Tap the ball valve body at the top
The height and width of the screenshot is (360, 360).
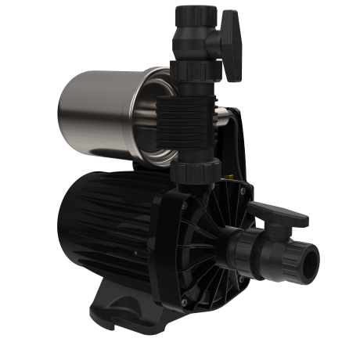(x=193, y=39)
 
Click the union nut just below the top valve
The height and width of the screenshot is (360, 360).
(x=193, y=74)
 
